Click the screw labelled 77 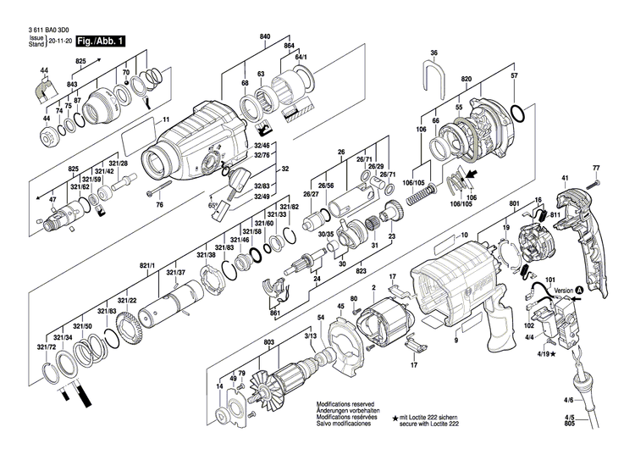(597, 181)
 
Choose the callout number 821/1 (149, 265)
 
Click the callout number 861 (274, 313)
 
